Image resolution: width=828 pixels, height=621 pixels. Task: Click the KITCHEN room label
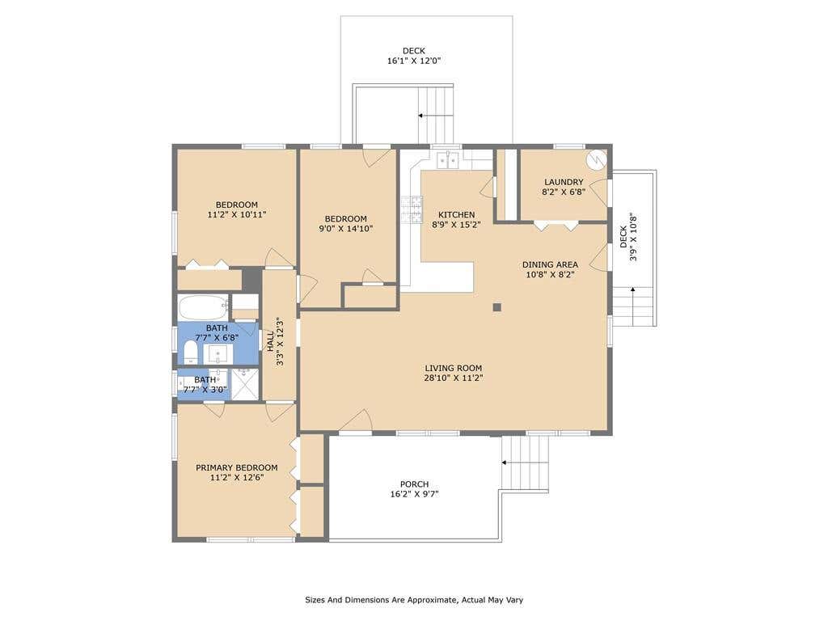click(456, 215)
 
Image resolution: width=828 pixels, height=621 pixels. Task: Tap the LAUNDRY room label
click(564, 182)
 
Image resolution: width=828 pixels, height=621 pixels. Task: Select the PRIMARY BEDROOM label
click(237, 468)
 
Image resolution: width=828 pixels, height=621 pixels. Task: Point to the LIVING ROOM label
click(454, 368)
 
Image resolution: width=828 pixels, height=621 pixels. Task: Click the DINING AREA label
click(550, 264)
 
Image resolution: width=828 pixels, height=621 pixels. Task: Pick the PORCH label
click(414, 484)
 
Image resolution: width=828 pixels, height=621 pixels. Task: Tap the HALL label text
click(270, 342)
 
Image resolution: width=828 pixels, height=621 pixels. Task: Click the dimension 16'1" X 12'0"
click(414, 61)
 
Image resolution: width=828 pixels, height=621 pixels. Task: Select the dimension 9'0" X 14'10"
click(345, 229)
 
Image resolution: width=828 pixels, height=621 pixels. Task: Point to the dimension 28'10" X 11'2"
click(454, 378)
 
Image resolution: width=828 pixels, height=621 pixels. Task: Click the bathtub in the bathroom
click(203, 307)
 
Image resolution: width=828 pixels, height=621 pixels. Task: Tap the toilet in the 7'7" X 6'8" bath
click(190, 353)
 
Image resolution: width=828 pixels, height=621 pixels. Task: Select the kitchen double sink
click(448, 160)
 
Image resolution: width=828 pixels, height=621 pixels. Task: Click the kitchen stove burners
click(412, 209)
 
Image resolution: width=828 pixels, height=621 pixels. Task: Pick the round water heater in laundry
click(598, 159)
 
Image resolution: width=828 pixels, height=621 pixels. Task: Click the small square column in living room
click(497, 306)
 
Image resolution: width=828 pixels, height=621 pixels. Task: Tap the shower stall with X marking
click(245, 384)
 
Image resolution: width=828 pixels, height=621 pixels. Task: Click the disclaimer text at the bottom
click(414, 600)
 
